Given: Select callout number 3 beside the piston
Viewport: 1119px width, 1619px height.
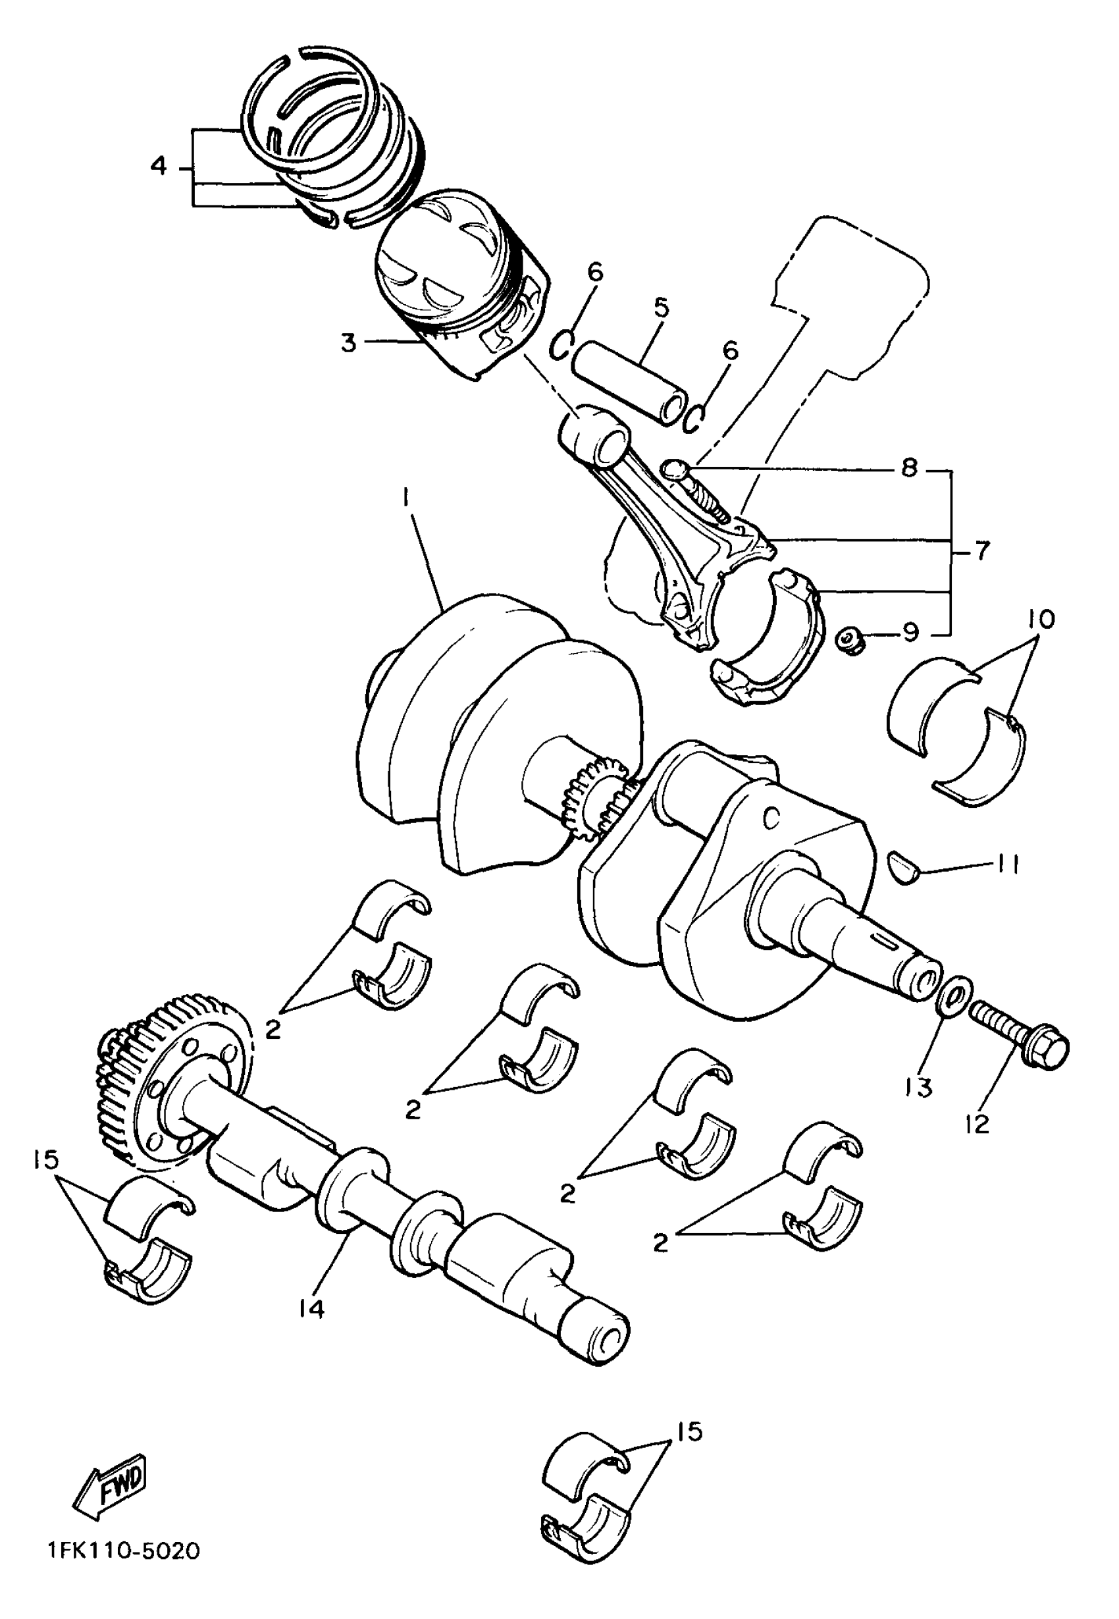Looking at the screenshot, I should [x=348, y=344].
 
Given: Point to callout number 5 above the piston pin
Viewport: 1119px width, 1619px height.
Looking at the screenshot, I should [x=660, y=307].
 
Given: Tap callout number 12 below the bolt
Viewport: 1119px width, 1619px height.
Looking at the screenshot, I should [x=976, y=1125].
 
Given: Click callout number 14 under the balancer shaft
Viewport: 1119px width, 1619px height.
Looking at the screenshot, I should [x=313, y=1308].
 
